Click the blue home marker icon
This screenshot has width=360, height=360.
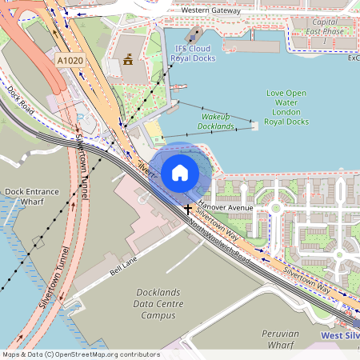pyautogui.click(x=180, y=172)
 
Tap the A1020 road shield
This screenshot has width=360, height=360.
pyautogui.click(x=70, y=60)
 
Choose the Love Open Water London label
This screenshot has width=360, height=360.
pyautogui.click(x=286, y=107)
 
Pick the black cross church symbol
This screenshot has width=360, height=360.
pyautogui.click(x=188, y=210)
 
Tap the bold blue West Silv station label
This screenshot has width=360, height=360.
pyautogui.click(x=339, y=336)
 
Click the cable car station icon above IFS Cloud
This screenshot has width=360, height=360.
pyautogui.click(x=194, y=36)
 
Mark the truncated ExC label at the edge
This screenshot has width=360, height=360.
pyautogui.click(x=353, y=58)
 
